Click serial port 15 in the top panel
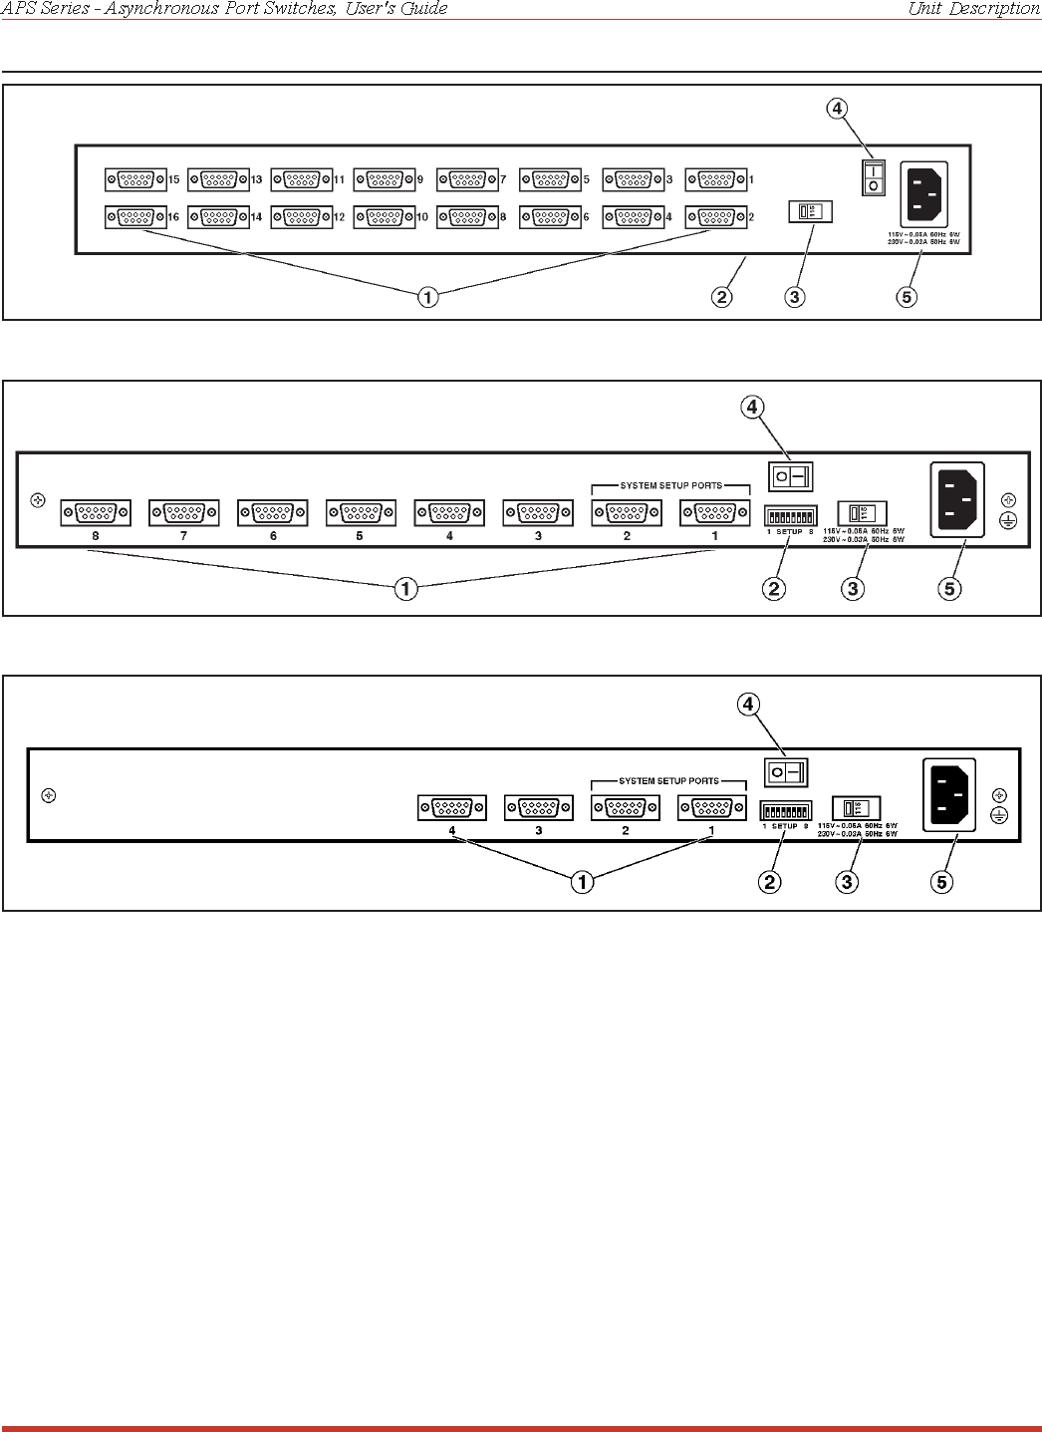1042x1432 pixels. click(x=134, y=180)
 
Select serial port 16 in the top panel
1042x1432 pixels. click(x=134, y=217)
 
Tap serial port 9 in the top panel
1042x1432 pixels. click(x=384, y=180)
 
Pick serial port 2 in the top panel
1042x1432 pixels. click(x=715, y=217)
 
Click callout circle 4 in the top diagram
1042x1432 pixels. click(x=838, y=109)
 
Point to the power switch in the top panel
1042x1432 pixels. click(x=874, y=178)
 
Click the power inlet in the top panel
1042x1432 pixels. click(x=924, y=194)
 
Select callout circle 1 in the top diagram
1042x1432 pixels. click(x=427, y=297)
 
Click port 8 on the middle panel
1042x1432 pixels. click(x=96, y=513)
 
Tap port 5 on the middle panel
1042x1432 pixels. click(x=361, y=513)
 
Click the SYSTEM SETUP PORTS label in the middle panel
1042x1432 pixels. click(x=670, y=486)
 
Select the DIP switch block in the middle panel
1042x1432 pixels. click(x=790, y=516)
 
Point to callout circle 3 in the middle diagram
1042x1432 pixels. click(x=853, y=589)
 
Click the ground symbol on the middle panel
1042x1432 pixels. click(x=1008, y=521)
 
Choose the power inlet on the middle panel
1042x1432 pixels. click(x=957, y=499)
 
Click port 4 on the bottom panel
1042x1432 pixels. click(x=451, y=808)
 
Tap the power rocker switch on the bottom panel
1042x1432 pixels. click(x=786, y=772)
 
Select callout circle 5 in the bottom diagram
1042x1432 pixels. click(x=941, y=882)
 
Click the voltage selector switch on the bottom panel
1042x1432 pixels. click(x=856, y=808)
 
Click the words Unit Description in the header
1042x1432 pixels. click(x=973, y=9)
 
